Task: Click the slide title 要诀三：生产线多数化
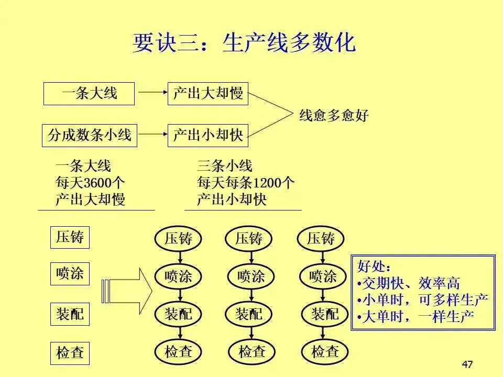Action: coord(244,43)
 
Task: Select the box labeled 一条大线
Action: coord(89,94)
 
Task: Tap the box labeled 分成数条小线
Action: coord(89,135)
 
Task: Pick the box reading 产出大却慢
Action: coord(207,94)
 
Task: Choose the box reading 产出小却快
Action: coord(207,135)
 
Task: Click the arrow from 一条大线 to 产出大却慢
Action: coord(151,94)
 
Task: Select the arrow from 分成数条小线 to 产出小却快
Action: coord(151,135)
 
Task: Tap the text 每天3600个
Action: coord(90,183)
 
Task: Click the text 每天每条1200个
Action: coord(245,183)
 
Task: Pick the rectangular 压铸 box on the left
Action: coord(70,237)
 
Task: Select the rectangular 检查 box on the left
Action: coord(70,352)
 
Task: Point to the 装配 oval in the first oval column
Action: coord(179,314)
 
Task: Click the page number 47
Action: coord(468,364)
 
